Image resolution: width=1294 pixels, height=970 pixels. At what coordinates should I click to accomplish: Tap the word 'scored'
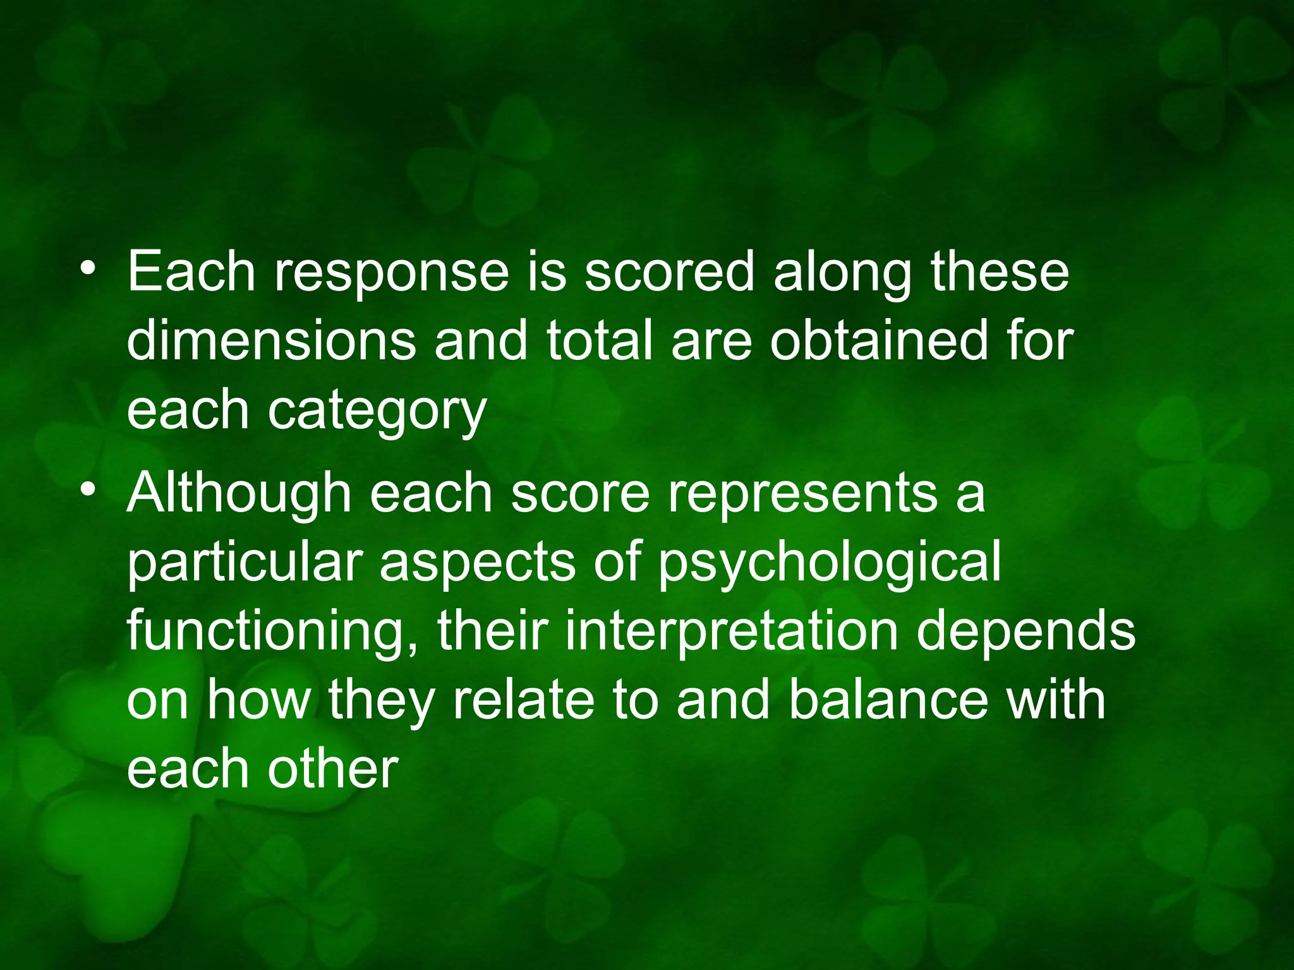(670, 272)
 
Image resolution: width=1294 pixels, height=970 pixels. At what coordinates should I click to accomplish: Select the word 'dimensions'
(272, 341)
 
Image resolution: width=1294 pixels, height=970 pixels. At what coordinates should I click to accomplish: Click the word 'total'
(599, 341)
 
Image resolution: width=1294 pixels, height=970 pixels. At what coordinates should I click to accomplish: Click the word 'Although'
(239, 493)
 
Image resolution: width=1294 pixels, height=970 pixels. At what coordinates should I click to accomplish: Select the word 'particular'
(244, 562)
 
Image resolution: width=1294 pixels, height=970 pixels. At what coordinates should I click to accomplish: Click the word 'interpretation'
(731, 632)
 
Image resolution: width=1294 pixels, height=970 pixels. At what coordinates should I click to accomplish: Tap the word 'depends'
(1026, 632)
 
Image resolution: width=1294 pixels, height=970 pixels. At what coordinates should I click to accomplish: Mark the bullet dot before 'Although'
(88, 491)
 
